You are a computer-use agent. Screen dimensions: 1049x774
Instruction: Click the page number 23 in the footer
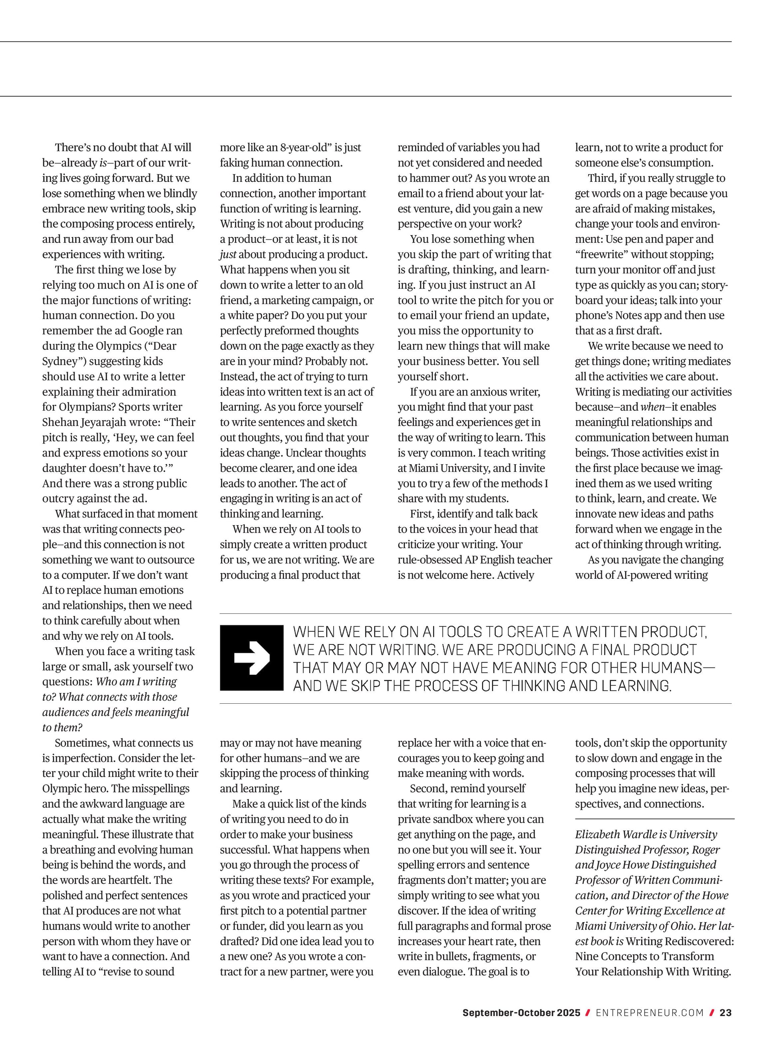(725, 1013)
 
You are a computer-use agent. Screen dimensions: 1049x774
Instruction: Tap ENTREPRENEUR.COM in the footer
(650, 1013)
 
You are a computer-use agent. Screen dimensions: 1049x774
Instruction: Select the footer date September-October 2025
(521, 1013)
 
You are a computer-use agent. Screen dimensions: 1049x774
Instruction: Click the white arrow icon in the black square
(252, 658)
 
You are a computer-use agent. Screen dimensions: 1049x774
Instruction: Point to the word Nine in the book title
(587, 956)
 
